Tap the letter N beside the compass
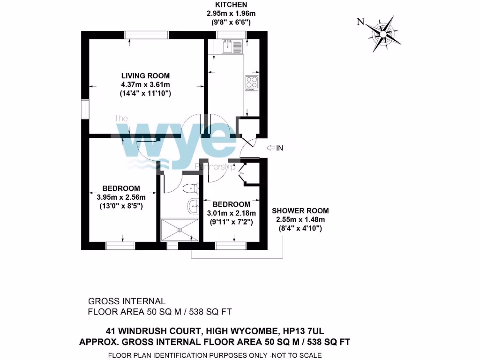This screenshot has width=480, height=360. click(x=360, y=22)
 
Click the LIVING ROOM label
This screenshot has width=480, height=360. click(x=145, y=75)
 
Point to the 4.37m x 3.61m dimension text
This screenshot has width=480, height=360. click(x=145, y=84)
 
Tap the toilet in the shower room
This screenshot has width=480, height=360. click(x=191, y=189)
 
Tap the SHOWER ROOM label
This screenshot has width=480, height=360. click(x=300, y=210)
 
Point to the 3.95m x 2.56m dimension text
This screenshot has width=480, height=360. click(x=121, y=197)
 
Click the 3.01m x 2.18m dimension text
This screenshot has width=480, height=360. click(x=231, y=213)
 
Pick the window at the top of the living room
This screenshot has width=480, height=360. click(x=147, y=35)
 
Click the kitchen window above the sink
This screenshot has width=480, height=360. click(x=231, y=35)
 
